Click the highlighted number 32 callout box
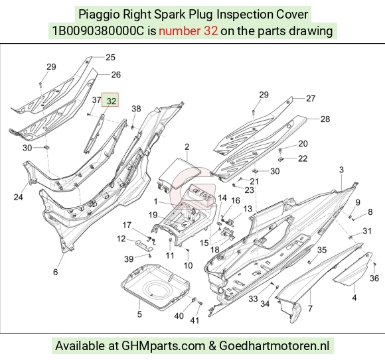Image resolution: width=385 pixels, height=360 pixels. click(110, 100)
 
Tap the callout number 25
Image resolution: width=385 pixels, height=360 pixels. click(110, 57)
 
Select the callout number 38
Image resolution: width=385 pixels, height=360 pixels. click(136, 109)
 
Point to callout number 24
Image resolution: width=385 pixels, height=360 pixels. click(18, 197)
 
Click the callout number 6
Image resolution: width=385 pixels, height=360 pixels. click(56, 272)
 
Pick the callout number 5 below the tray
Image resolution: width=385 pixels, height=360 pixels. click(139, 314)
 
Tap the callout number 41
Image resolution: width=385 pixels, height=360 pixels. click(194, 320)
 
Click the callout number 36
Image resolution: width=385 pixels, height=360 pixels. click(374, 278)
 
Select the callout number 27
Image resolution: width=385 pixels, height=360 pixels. click(311, 98)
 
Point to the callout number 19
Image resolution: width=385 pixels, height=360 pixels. click(153, 215)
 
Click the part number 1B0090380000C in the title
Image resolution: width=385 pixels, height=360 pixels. click(98, 31)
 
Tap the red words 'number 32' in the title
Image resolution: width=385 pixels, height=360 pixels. click(188, 31)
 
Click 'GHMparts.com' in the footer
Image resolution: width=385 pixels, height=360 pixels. click(163, 346)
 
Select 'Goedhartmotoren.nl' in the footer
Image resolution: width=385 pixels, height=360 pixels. click(274, 346)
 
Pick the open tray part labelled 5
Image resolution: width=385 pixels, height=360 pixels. click(155, 285)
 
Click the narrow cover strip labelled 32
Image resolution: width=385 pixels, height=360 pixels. click(93, 135)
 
